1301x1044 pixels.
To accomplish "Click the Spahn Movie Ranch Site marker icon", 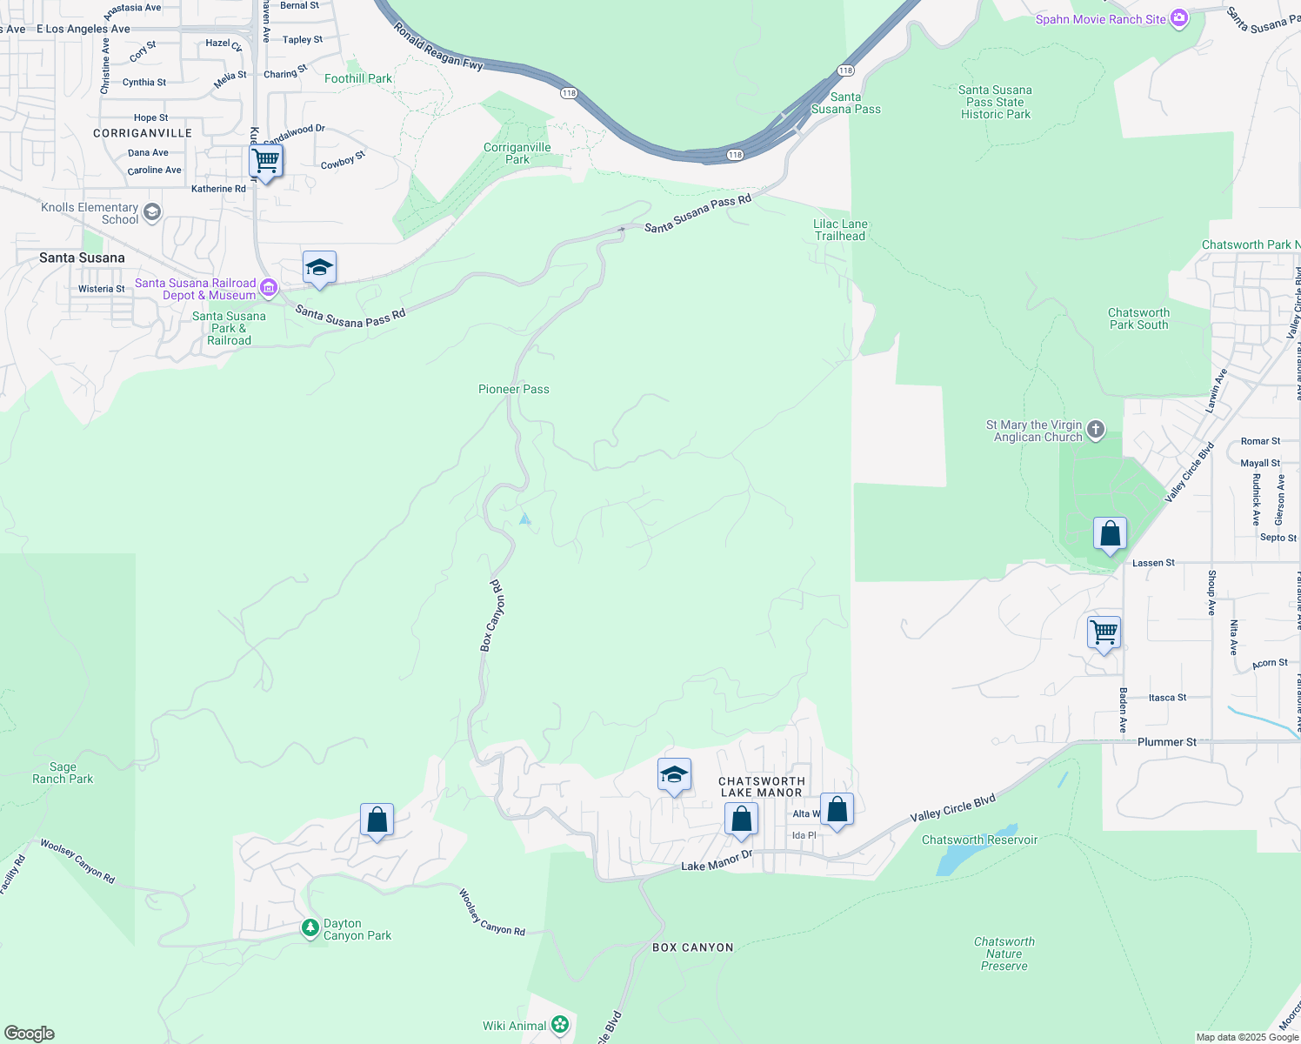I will coord(1179,18).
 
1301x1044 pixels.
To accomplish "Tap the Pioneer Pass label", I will coord(513,389).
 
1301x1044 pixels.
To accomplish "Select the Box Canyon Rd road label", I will coord(492,616).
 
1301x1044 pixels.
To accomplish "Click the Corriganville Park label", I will coord(517,153).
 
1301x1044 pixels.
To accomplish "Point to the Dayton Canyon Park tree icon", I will coord(310,928).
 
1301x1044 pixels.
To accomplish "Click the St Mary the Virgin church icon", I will coord(1096,428).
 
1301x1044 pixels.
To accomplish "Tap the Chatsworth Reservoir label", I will coord(979,840).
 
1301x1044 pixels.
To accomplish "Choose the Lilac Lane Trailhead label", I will coord(840,230).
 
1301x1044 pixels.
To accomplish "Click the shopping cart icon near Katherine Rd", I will coord(265,161).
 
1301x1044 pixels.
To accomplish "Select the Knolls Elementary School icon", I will coord(152,212).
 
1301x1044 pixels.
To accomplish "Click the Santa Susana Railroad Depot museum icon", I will coord(269,287).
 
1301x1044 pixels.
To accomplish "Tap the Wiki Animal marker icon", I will coord(560,1025).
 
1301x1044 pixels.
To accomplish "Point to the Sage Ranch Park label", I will coord(63,773).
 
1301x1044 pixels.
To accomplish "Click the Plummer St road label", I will coord(1167,742).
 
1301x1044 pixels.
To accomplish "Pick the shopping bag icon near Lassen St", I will coord(1110,533).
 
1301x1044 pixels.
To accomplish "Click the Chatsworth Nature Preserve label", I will coord(1004,954).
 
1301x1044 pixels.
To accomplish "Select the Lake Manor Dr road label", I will coord(716,861).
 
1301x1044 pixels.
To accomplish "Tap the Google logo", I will coord(30,1034).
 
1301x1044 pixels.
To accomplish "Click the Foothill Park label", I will coord(358,78).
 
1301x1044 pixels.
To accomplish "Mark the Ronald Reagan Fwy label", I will coord(437,45).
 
